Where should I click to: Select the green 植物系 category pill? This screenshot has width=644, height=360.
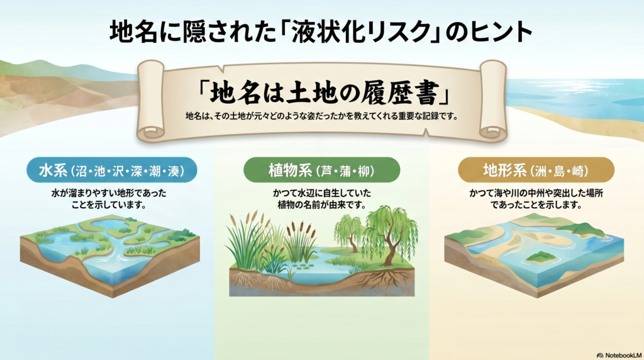321,170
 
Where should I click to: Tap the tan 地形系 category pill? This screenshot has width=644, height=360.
535,170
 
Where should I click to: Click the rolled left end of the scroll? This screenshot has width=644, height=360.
152,101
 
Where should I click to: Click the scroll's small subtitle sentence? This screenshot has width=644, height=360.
322,117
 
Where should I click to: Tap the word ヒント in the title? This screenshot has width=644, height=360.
497,32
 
